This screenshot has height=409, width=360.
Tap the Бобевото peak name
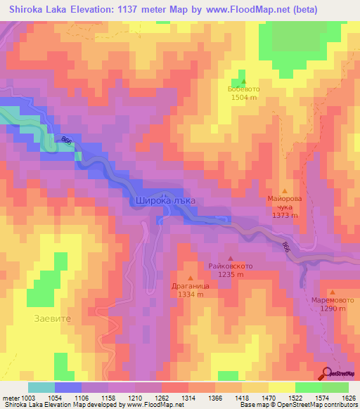(x=244, y=89)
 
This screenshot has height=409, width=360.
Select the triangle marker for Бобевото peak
(x=244, y=81)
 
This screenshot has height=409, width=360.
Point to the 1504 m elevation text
(x=244, y=98)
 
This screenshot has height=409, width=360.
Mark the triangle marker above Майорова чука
(x=285, y=190)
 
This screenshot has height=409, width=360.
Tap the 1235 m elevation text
(x=231, y=275)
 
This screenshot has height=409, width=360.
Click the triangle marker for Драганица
(x=190, y=278)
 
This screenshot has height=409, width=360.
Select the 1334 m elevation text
(x=190, y=294)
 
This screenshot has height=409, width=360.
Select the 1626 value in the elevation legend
(x=347, y=398)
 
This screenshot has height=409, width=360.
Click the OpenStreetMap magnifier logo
(x=328, y=373)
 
